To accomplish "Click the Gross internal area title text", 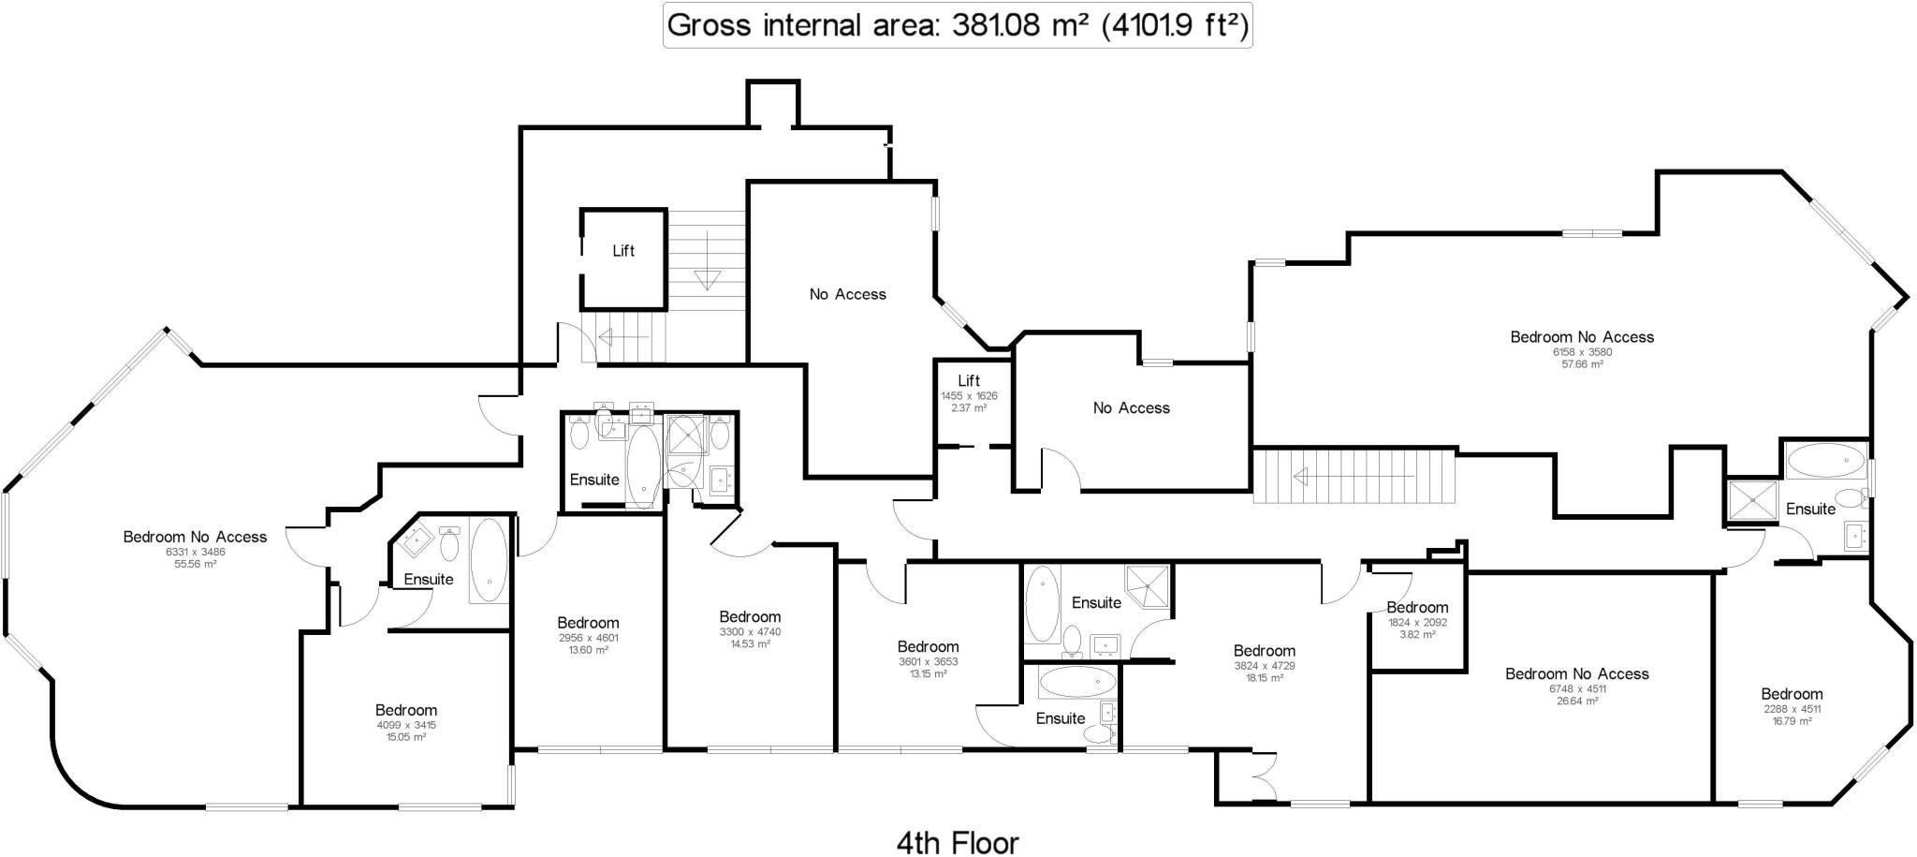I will pos(957,25).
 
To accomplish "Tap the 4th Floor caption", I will pos(957,842).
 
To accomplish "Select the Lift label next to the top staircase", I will pos(623,251).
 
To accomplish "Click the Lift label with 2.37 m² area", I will pos(969,381).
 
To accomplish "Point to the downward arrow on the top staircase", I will pos(706,279).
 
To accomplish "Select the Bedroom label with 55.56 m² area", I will pos(195,537).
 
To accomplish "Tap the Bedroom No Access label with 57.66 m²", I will pos(1582,337).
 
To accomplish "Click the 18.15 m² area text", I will pos(1264,678).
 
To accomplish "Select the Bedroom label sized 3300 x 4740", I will pos(750,617).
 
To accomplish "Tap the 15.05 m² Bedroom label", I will pos(406,711).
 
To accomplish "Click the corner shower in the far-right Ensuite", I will pos(1751,501).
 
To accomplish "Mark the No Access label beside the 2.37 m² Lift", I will pos(1131,408).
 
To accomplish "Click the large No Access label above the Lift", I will pos(847,294).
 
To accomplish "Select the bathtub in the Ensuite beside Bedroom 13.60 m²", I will pos(643,465).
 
